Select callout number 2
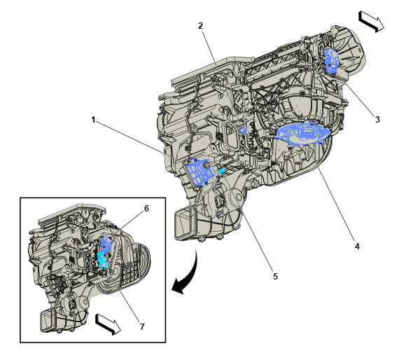click(200, 26)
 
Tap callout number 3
click(377, 120)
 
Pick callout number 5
click(275, 276)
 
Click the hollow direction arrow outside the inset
click(371, 20)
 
